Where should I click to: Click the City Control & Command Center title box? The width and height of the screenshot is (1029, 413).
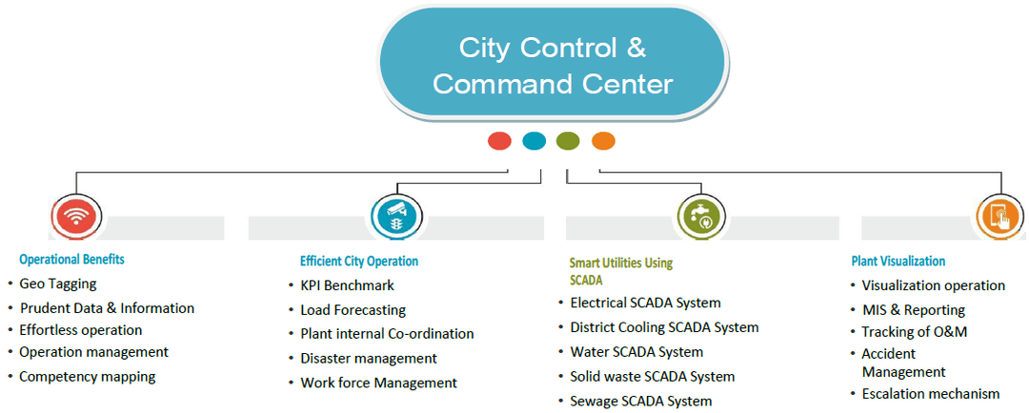553,65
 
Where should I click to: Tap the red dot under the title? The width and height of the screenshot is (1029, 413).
499,141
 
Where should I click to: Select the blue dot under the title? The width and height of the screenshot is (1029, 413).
534,141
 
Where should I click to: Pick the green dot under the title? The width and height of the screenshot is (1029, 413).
568,141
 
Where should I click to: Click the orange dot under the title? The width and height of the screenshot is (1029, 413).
603,141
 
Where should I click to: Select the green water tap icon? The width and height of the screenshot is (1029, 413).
699,217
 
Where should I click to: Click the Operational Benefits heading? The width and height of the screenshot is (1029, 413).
71,259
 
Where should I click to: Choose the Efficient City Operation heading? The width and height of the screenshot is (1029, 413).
359,261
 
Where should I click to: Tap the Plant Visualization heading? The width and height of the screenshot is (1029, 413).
898,261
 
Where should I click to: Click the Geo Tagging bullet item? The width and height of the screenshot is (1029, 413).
58,284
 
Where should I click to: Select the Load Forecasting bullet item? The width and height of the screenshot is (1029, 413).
353,310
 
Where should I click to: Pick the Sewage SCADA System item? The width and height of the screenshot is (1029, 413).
640,401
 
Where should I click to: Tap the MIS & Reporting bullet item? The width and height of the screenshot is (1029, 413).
913,310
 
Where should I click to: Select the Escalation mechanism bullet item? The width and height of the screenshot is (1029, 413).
930,394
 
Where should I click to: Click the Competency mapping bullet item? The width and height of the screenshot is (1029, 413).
87,377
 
